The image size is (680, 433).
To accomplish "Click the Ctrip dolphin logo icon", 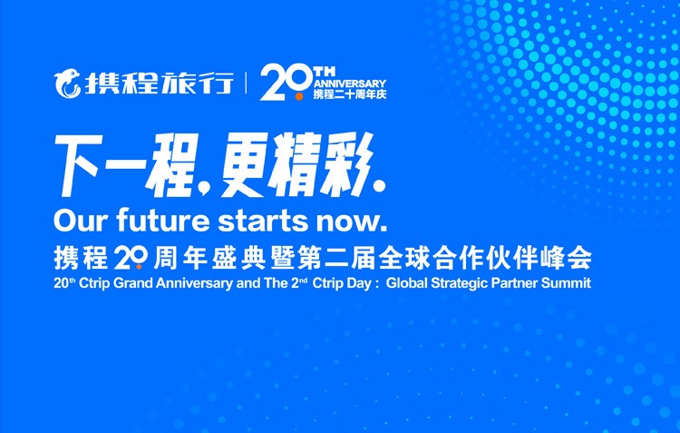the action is (67, 84).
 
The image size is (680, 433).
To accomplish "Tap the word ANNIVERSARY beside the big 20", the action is (350, 84).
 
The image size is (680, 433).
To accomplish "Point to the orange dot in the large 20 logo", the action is (299, 96).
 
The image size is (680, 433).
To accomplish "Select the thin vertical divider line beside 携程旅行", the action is (246, 83).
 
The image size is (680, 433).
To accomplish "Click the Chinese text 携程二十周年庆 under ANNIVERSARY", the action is (350, 94).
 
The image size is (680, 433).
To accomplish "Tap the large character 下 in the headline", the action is (78, 164).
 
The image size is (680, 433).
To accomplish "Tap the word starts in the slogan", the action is (265, 221).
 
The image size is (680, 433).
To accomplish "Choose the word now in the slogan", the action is (348, 221).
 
